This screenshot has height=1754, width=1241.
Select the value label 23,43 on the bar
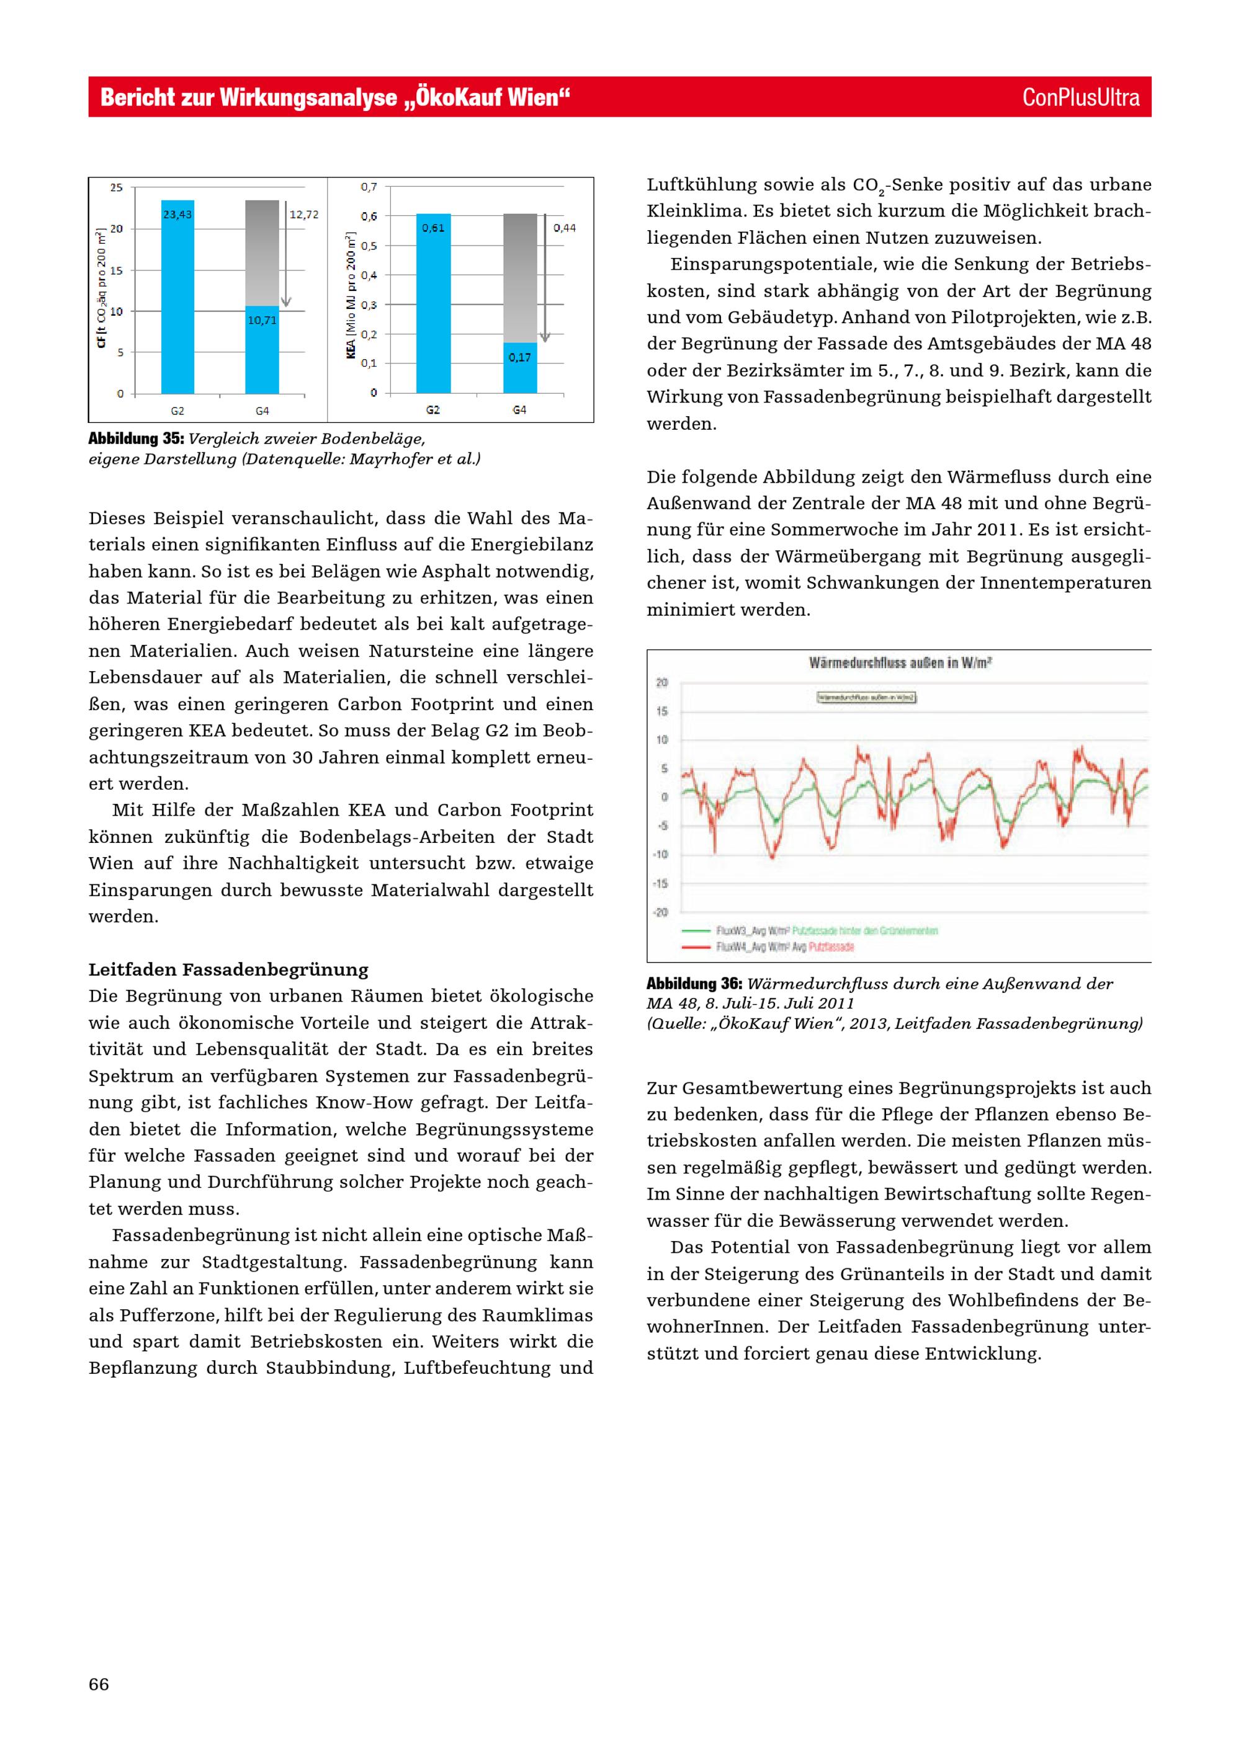177,215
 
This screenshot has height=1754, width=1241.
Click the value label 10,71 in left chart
262,320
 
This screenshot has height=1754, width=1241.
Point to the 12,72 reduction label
304,215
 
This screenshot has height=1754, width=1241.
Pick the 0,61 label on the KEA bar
433,228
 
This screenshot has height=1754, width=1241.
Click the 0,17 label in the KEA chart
519,357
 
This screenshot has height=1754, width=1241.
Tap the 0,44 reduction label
565,228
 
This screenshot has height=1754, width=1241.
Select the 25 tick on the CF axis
116,187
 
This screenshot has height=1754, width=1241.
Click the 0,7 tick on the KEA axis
369,187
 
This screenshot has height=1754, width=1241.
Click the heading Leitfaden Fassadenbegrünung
228,969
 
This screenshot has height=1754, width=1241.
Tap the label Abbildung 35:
136,439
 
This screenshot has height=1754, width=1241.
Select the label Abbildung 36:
694,983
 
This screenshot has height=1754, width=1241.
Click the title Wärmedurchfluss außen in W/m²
900,662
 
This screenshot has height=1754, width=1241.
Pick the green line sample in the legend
696,930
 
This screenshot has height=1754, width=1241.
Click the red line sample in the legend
696,946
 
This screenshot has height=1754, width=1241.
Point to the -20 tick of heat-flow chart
661,912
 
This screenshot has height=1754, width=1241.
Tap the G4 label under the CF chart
262,411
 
